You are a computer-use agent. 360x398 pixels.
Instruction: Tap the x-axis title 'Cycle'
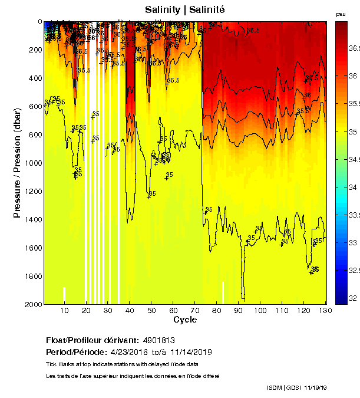click(184, 320)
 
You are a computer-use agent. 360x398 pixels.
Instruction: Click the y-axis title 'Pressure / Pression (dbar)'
click(17, 163)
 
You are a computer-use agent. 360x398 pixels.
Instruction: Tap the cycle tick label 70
click(195, 310)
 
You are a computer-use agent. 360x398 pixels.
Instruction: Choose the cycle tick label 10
click(64, 310)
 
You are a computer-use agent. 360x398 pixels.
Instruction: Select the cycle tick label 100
click(260, 310)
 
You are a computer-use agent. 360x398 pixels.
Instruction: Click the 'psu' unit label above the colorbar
click(340, 14)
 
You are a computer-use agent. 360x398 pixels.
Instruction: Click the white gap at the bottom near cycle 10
click(64, 295)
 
